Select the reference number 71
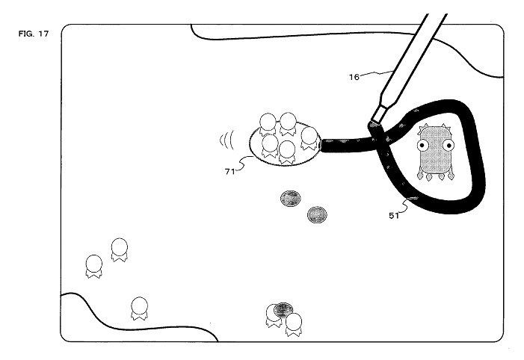point(230,171)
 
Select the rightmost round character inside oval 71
point(309,136)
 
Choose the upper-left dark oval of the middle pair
point(290,199)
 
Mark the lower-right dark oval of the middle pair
point(317,214)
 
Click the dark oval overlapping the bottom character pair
point(283,308)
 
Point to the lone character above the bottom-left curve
point(139,307)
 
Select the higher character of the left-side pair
point(119,248)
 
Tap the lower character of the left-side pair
point(94,265)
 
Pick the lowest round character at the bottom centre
point(294,323)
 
